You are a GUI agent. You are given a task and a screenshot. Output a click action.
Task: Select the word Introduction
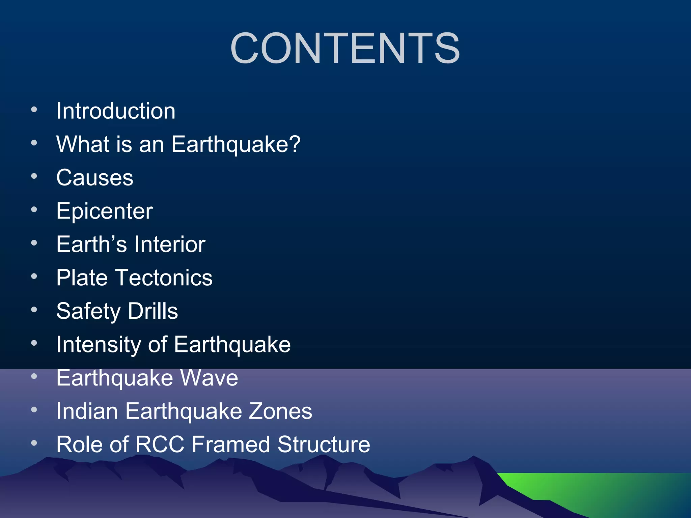[x=116, y=111]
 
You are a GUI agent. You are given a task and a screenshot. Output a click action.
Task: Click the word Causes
[x=95, y=178]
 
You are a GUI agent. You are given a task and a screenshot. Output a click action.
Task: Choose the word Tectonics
[x=164, y=278]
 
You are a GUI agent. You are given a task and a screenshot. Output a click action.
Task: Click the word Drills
[x=153, y=311]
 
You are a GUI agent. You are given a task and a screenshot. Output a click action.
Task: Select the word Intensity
[x=98, y=345]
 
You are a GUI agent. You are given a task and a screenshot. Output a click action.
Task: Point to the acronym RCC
[x=160, y=444]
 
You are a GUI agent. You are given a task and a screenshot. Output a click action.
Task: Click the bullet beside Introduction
[x=34, y=110]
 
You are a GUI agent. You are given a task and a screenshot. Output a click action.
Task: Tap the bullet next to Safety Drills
[x=34, y=310]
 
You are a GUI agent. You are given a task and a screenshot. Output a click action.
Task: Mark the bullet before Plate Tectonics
[x=34, y=277]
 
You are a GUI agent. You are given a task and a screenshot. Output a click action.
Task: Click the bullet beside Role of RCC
[x=34, y=443]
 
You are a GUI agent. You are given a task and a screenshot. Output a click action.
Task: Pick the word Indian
[x=87, y=411]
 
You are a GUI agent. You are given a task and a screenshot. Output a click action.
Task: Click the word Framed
[x=231, y=444]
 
